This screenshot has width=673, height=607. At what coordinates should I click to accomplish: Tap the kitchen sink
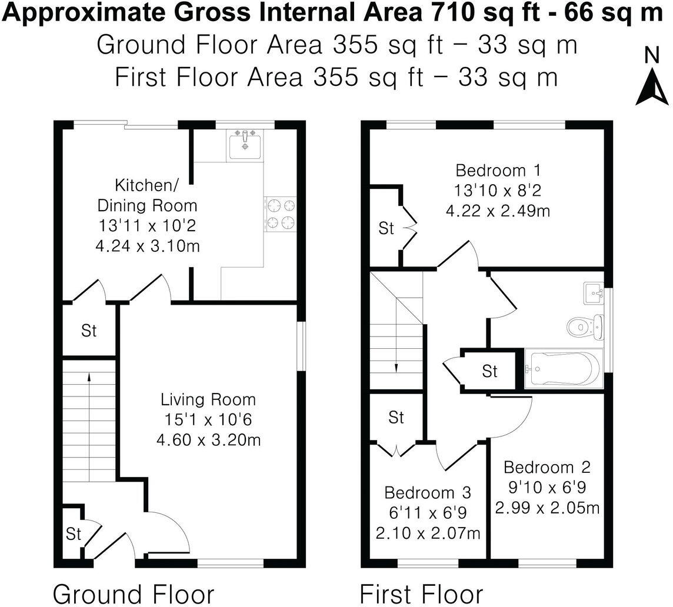coord(245,143)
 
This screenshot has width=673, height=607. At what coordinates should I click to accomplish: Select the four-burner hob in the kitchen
coord(281,214)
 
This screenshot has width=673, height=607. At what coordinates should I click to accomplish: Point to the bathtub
coord(562,369)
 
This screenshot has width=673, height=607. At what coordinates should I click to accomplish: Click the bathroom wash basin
coord(593,292)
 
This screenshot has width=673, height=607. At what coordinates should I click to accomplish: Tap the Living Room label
coord(208,400)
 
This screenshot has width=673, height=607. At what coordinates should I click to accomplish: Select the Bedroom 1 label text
coord(498,171)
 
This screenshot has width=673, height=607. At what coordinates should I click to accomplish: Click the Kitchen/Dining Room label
coord(147,196)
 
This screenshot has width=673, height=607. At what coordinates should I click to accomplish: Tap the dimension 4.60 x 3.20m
coord(208,439)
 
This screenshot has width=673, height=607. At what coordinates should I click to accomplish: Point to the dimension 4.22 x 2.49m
coord(498,211)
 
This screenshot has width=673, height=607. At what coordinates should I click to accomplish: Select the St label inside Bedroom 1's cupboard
coord(386,228)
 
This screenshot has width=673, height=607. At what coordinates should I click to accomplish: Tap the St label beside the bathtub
coord(489,371)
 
